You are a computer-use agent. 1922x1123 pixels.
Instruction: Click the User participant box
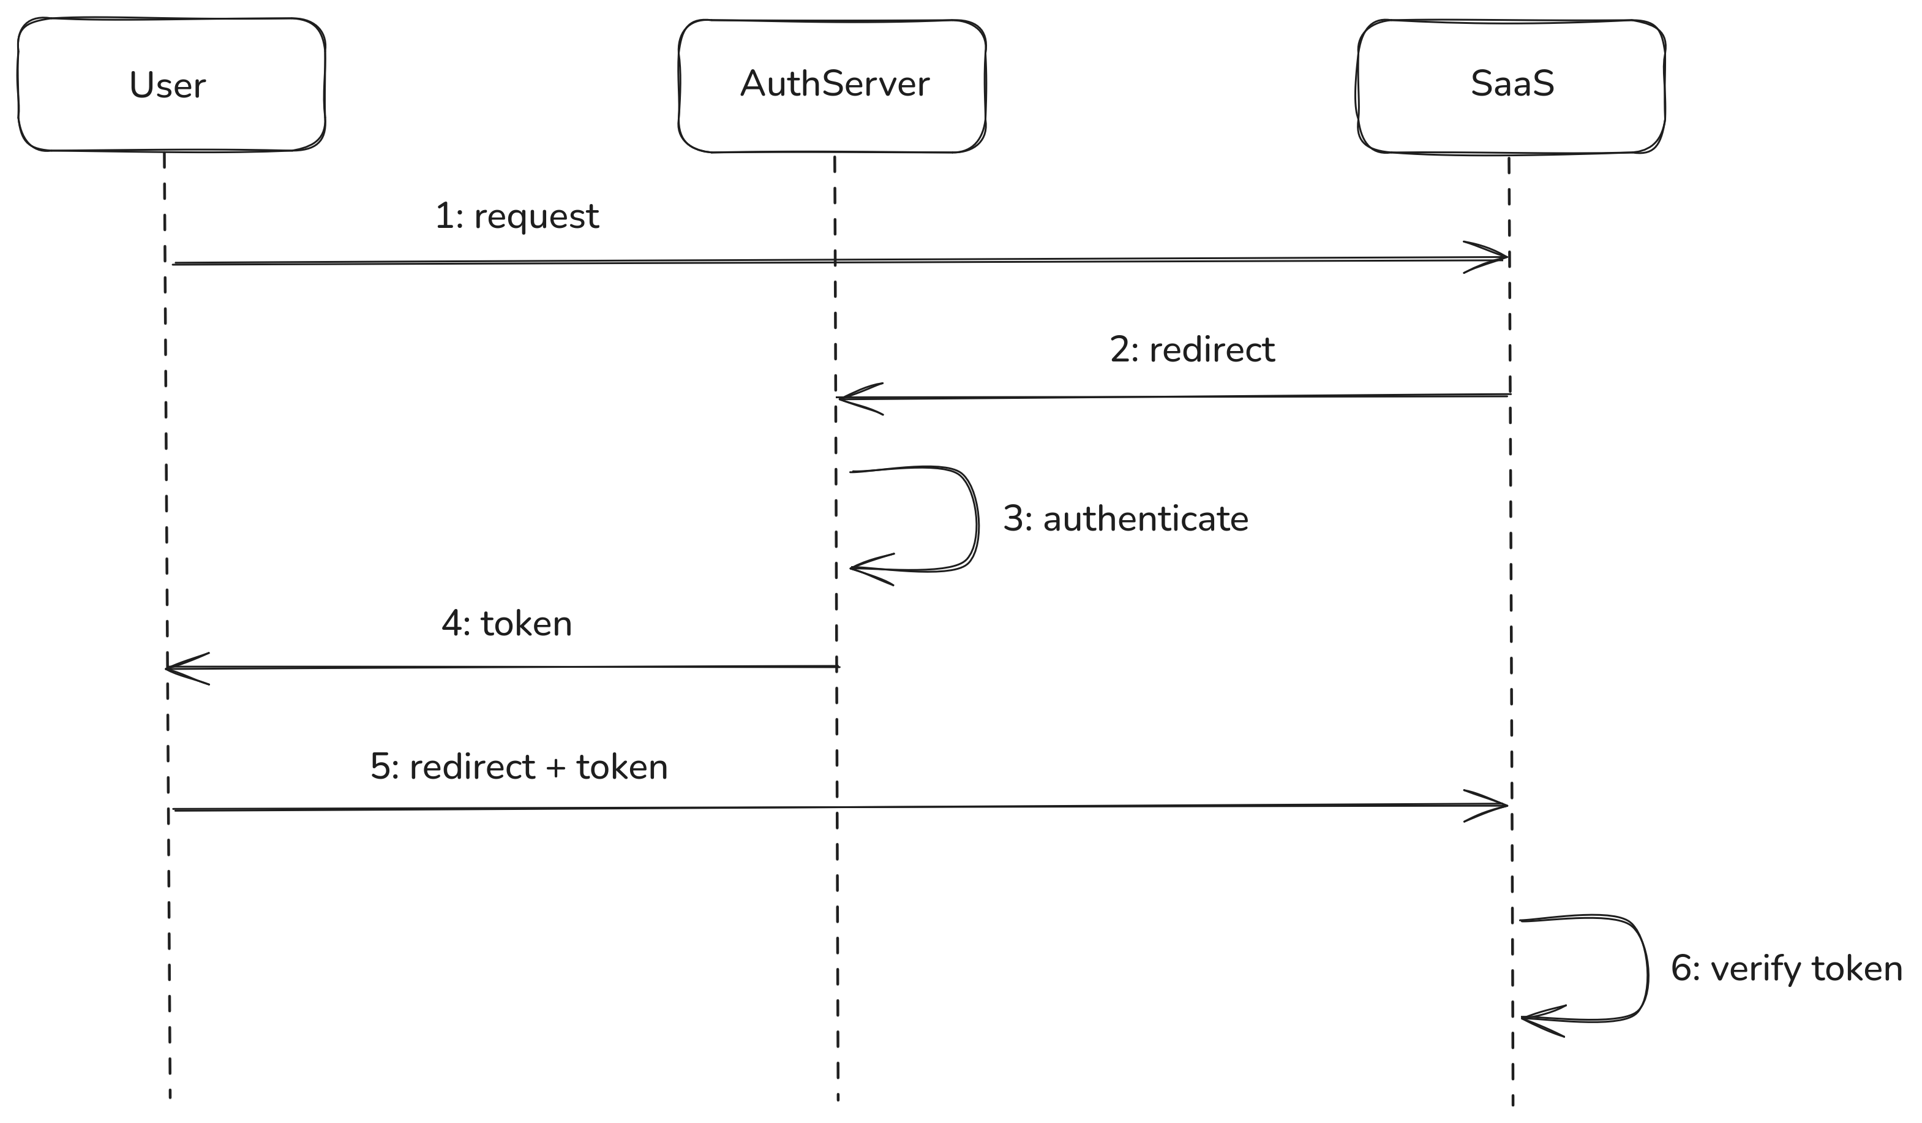pyautogui.click(x=171, y=85)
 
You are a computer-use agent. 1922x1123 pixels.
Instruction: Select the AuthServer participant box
pyautogui.click(x=832, y=85)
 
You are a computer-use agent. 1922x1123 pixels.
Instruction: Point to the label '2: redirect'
pyautogui.click(x=1192, y=350)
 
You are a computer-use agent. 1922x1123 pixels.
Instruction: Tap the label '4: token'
pyautogui.click(x=506, y=623)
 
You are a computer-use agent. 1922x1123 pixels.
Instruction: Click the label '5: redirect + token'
pyautogui.click(x=519, y=766)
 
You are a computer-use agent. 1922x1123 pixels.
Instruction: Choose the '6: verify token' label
pyautogui.click(x=1785, y=969)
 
